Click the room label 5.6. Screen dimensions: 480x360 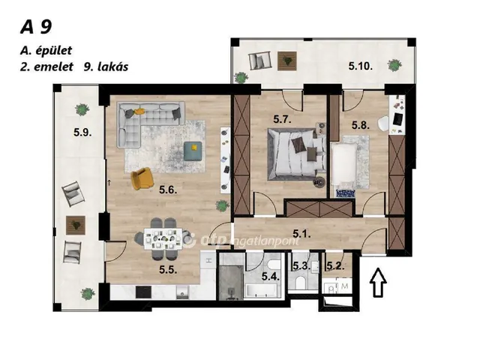168,190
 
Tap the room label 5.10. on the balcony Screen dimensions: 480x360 360,66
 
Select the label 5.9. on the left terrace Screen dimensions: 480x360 82,133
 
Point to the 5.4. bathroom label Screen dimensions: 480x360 271,277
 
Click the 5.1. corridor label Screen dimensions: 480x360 301,234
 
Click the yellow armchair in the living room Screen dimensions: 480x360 142,178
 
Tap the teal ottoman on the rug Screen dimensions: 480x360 193,151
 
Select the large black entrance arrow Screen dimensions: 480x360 378,282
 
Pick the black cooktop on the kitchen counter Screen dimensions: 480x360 143,292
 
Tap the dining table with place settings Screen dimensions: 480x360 163,238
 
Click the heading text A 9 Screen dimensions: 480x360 36,27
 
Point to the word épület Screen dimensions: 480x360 54,50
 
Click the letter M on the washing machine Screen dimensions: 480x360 345,286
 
